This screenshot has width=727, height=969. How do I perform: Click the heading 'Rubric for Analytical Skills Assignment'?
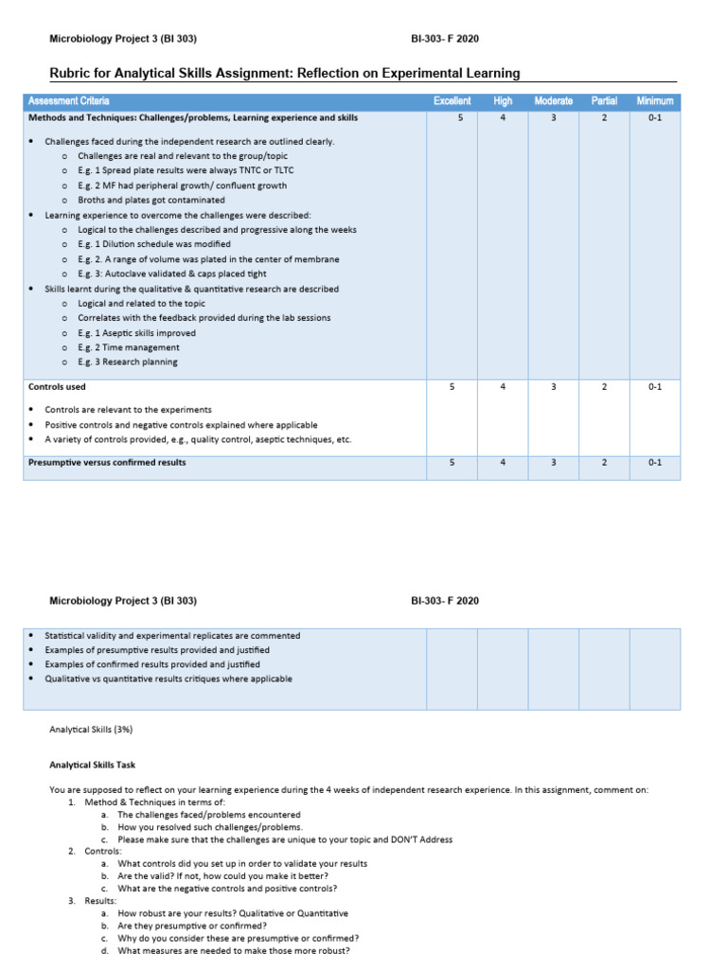pos(284,73)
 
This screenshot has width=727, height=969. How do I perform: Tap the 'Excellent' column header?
pos(452,100)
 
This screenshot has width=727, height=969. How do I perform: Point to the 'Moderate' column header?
pos(553,100)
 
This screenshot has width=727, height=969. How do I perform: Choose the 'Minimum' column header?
pos(655,100)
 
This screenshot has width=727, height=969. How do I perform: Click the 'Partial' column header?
pos(604,100)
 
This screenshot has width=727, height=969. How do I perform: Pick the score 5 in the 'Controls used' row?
pos(452,387)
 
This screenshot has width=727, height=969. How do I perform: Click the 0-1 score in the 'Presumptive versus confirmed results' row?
pos(655,463)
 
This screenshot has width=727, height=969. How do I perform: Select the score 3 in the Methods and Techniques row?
pos(553,118)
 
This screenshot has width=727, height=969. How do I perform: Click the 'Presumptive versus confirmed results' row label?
pos(107,463)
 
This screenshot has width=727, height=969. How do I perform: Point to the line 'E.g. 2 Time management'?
pos(128,347)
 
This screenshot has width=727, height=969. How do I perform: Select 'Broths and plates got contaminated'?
pos(151,200)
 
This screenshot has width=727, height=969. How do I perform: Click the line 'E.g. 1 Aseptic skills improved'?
pos(137,333)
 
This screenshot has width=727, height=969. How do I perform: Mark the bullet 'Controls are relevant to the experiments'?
pos(128,410)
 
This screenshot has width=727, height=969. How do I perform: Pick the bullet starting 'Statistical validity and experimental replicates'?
pos(172,636)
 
